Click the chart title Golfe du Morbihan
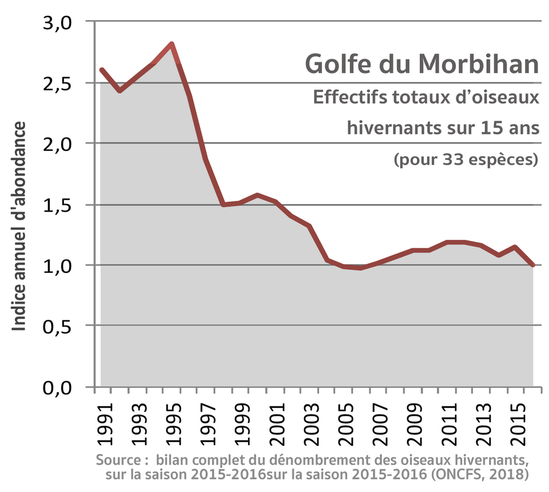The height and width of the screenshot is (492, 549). point(421,64)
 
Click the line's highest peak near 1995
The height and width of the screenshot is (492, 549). point(171,44)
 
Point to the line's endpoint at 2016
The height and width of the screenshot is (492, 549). point(533,265)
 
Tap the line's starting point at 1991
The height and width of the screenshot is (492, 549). point(101,70)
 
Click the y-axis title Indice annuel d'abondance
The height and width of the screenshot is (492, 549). point(20,226)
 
